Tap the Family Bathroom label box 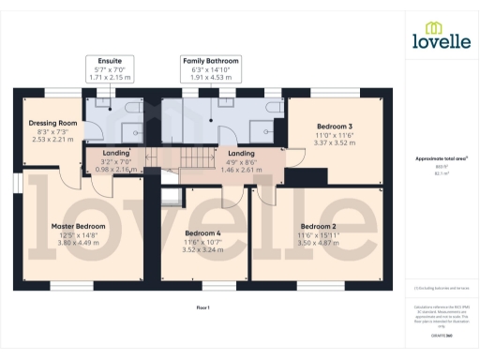(x=210, y=68)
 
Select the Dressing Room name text (x=54, y=123)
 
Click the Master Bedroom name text (x=77, y=226)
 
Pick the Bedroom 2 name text (x=319, y=226)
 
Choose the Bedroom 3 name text (x=334, y=126)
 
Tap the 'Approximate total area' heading (x=441, y=160)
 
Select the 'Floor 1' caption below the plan (x=202, y=307)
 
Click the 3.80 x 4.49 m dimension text (x=77, y=242)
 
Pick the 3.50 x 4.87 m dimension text (x=319, y=242)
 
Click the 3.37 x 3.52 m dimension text (x=334, y=143)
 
